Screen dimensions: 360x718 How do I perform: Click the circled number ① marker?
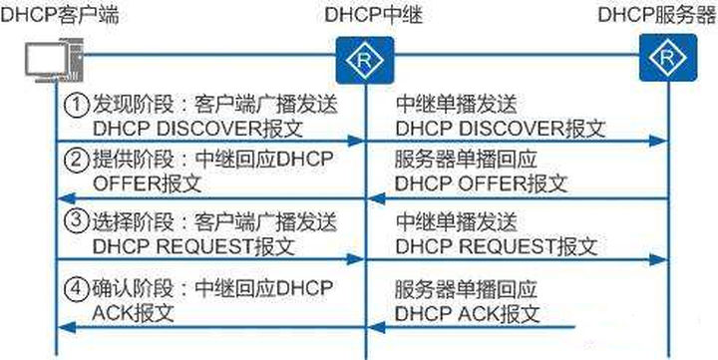pyautogui.click(x=74, y=106)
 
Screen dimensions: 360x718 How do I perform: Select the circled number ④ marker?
pyautogui.click(x=74, y=290)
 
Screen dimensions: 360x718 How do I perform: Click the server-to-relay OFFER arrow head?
pyautogui.click(x=374, y=199)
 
